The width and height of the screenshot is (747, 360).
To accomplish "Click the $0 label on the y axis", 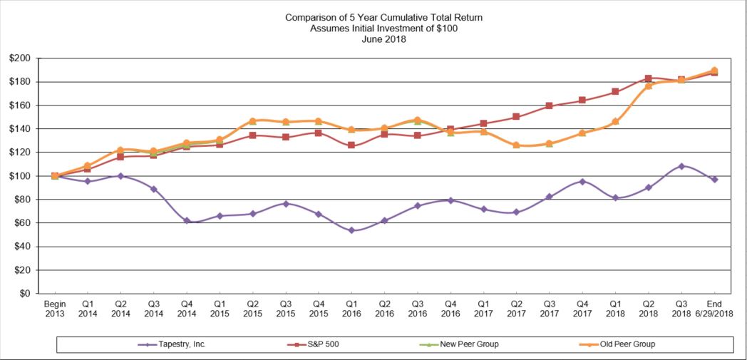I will (x=24, y=294).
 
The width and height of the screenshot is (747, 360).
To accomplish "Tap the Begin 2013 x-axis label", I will (x=55, y=308).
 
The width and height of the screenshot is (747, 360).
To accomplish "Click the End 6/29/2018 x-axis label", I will (x=714, y=308).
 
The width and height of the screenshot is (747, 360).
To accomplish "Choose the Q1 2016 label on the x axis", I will (x=351, y=308).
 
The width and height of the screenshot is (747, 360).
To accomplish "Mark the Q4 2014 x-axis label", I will (x=187, y=308).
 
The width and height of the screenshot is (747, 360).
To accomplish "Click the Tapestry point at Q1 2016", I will (x=351, y=230).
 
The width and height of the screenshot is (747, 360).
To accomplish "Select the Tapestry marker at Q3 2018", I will (x=681, y=166).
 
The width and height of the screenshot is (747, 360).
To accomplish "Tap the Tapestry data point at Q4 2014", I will (x=187, y=221).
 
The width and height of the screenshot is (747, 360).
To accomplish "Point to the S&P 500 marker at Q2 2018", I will (x=648, y=78).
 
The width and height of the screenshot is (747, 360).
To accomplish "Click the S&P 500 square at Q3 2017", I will (x=550, y=106).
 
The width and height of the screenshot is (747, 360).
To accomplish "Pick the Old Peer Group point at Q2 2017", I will (x=516, y=145).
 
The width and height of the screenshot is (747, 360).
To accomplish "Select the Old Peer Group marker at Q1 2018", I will (x=615, y=121).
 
